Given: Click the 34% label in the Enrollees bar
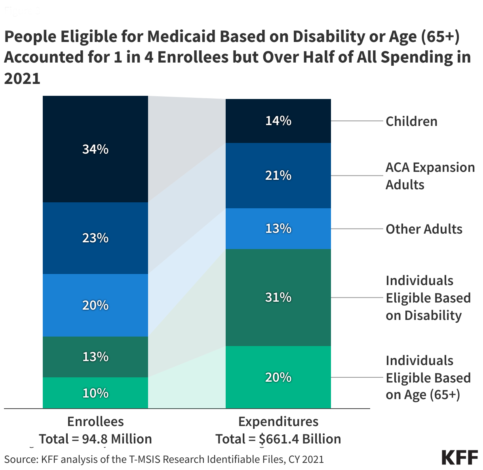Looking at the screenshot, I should point(95,149).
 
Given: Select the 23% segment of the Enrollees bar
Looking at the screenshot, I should point(95,238).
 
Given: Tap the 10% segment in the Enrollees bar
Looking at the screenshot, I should point(95,393).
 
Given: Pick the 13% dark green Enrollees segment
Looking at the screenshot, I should point(95,357).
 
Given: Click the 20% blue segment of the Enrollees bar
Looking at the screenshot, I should point(95,305).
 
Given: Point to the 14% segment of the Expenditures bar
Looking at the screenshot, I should point(278,121).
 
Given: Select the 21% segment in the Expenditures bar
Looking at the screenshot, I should point(278,175).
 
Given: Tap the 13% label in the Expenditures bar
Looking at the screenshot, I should point(278,228).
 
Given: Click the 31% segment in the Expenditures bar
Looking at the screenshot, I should point(278,297).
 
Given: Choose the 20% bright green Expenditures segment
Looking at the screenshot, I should point(278,377).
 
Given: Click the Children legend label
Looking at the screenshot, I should point(411,121).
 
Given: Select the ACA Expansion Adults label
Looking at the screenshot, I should point(430,176).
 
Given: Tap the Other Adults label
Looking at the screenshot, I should point(424,229).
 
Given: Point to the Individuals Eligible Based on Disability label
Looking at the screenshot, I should point(428,298).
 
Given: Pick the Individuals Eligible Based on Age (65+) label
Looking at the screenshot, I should point(428,378).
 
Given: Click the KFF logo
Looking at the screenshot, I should point(460,457).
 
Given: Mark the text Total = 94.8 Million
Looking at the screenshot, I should point(95,439).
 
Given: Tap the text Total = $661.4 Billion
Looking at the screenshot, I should point(278,439).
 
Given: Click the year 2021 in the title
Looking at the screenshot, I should point(22,78).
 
